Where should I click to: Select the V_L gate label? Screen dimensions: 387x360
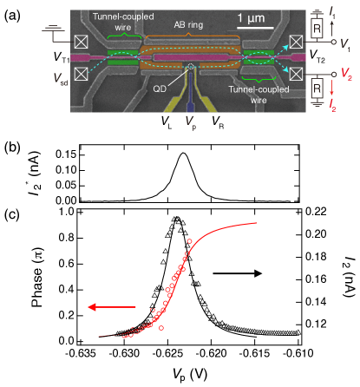click(x=165, y=121)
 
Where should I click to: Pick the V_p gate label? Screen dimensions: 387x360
click(x=191, y=121)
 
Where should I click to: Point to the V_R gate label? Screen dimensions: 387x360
click(x=219, y=121)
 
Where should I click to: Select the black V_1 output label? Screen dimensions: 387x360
click(x=345, y=43)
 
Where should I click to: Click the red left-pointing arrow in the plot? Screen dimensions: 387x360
click(x=111, y=306)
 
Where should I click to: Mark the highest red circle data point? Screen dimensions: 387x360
click(x=190, y=242)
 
